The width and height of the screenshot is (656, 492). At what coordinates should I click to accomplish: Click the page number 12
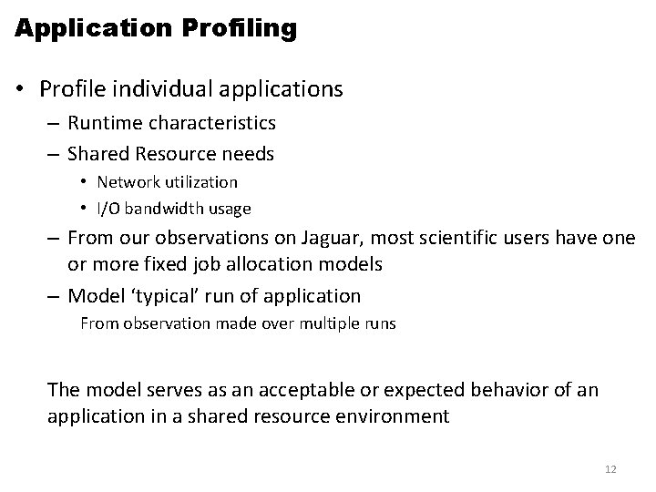(610, 469)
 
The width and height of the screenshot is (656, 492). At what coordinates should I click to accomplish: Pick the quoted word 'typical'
(150, 296)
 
